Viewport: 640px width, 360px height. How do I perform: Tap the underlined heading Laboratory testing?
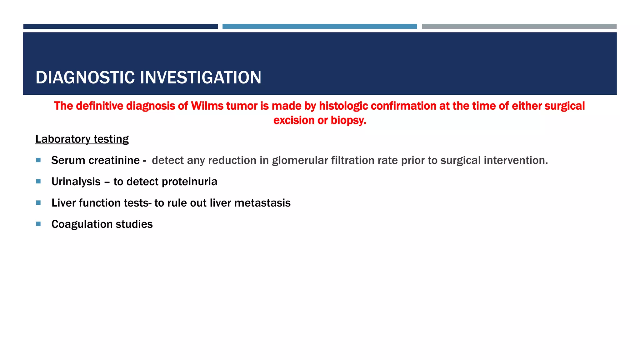point(82,139)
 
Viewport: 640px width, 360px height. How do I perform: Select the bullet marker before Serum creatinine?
point(38,160)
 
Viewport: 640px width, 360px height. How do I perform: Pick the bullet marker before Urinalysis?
point(38,182)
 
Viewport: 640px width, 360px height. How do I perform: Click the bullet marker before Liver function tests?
point(38,203)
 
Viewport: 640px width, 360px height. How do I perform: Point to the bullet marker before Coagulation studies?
point(38,224)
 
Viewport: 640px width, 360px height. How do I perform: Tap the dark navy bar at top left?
point(120,27)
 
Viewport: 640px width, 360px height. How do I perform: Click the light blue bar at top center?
point(319,27)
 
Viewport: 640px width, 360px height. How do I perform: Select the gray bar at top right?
point(519,27)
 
